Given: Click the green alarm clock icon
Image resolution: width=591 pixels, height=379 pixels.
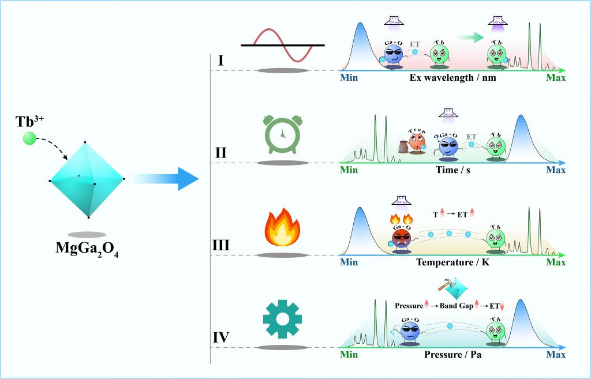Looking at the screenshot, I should pos(283,135).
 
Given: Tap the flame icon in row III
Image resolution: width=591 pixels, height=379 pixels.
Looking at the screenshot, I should pos(283,228).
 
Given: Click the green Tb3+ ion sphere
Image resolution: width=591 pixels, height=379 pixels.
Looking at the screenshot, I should pos(29,138).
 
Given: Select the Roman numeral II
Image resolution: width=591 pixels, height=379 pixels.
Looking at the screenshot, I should pos(220,153).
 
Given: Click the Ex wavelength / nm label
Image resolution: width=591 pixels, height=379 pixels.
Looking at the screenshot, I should pos(452,78).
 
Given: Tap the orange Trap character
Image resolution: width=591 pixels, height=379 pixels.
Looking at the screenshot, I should pos(416,140).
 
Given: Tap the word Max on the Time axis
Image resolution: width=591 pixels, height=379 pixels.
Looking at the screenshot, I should pos(556,170).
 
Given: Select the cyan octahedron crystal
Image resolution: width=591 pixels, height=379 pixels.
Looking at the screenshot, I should pos(87,179).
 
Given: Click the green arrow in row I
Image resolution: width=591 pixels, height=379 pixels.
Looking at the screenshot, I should pos(469,37).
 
